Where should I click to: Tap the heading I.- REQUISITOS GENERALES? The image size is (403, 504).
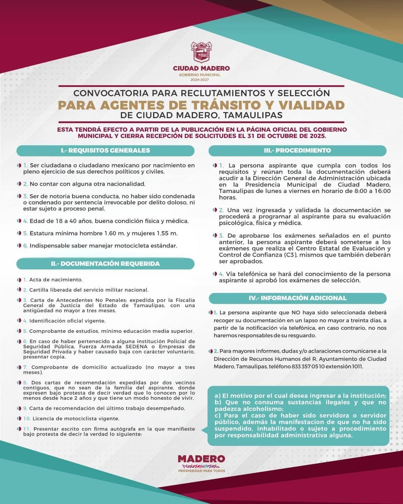tap(105, 150)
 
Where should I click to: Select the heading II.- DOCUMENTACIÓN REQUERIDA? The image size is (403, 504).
tap(105, 264)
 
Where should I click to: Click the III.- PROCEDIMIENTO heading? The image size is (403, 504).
tap(297, 150)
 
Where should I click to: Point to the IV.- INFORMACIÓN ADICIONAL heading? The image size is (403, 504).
tap(297, 298)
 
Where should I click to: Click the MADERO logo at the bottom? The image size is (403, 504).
tap(201, 458)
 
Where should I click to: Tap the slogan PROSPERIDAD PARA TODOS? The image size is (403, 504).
tap(201, 471)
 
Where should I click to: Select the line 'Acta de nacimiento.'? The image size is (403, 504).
tap(56, 280)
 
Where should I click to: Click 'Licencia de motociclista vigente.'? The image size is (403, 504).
tap(74, 419)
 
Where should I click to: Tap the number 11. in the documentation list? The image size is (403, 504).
tap(27, 429)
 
